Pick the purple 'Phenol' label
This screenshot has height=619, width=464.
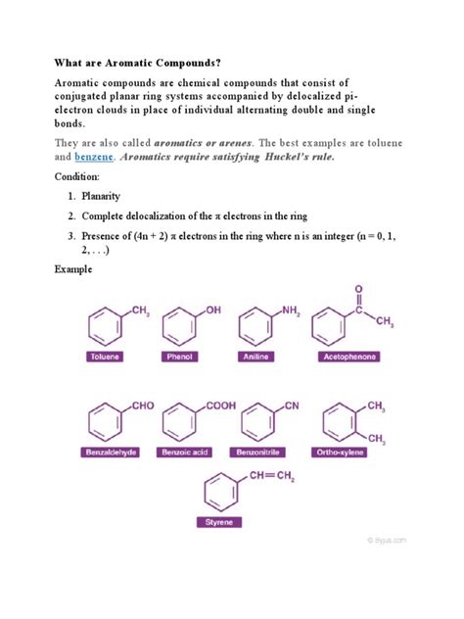[182, 357]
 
